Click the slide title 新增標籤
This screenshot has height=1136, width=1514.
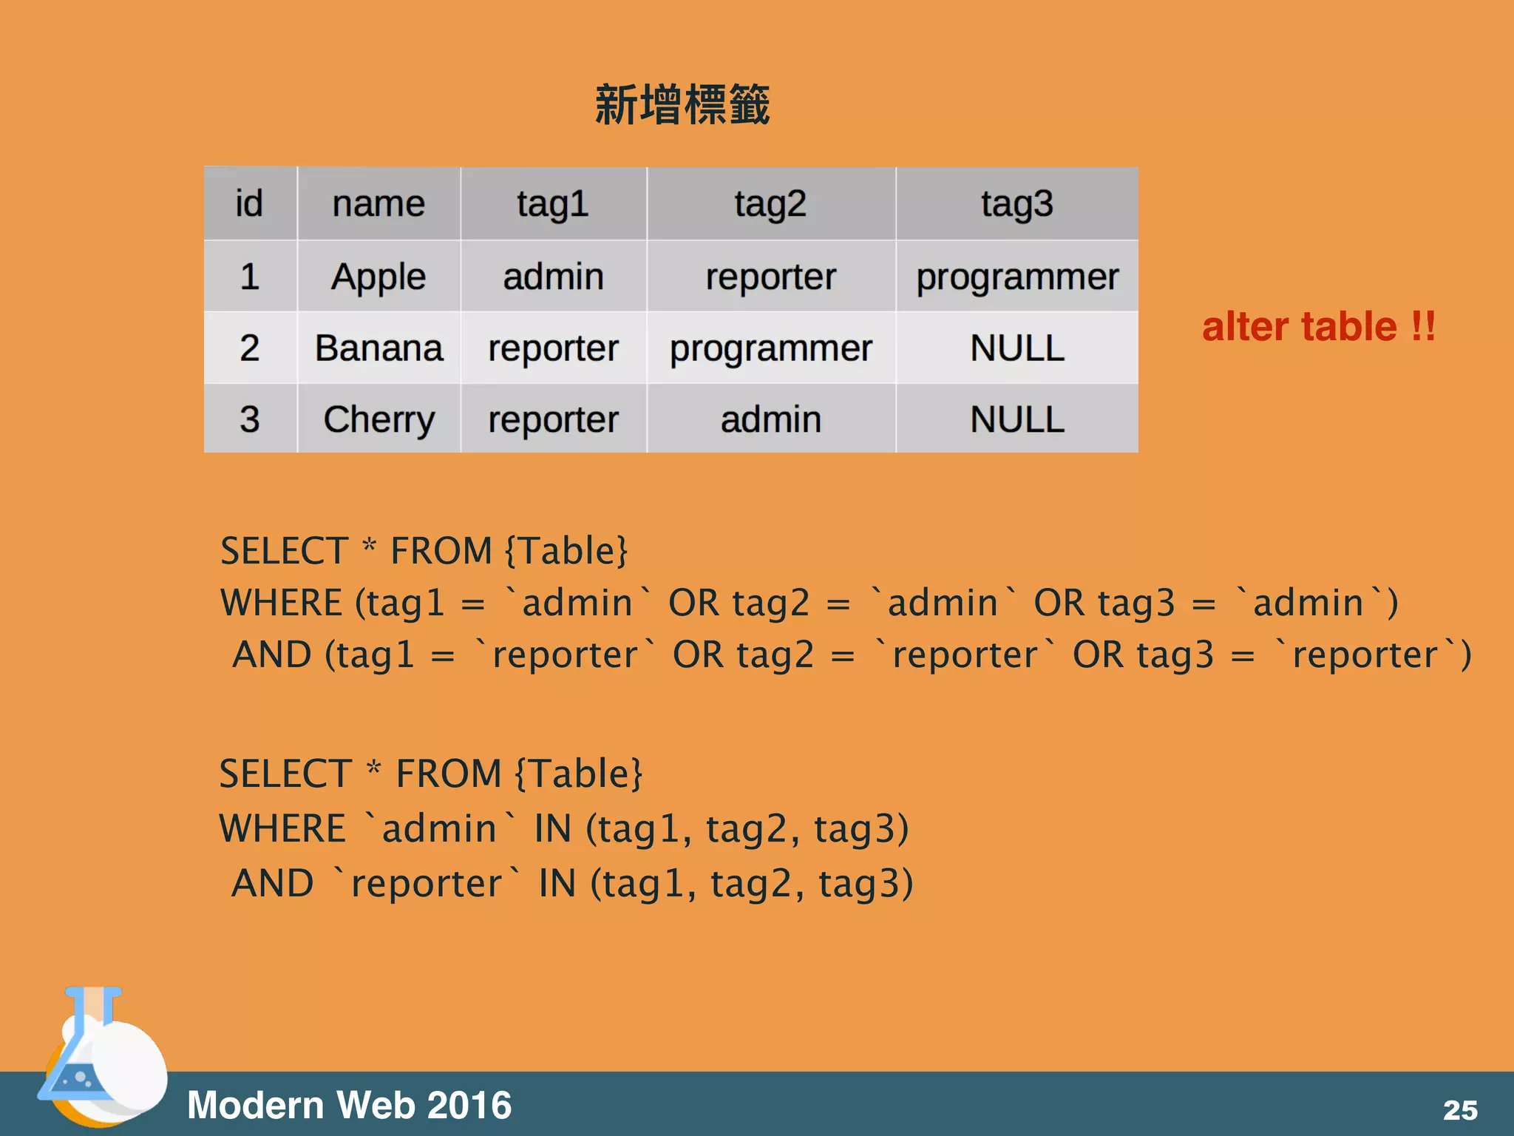click(x=682, y=105)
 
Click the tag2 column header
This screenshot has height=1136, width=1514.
click(x=770, y=203)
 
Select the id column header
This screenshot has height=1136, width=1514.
click(x=249, y=203)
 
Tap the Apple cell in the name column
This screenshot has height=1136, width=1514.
click(x=378, y=277)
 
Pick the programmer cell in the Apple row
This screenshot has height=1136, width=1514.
click(x=1017, y=277)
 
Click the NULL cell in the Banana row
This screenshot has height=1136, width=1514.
click(x=1017, y=348)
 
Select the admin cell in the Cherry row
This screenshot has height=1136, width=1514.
click(x=770, y=419)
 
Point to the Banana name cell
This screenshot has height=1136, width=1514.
click(x=378, y=348)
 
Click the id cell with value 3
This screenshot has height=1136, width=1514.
click(x=249, y=419)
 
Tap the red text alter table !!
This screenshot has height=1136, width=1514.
click(x=1318, y=327)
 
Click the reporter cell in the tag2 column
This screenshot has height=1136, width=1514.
click(x=770, y=277)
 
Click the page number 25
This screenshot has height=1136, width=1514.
click(x=1460, y=1109)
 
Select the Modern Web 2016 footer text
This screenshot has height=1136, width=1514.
click(x=349, y=1105)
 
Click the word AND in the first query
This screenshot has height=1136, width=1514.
click(x=272, y=655)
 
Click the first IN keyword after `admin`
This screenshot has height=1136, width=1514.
click(x=552, y=828)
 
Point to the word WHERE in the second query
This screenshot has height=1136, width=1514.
click(x=282, y=828)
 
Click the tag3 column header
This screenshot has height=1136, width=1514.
click(x=1017, y=203)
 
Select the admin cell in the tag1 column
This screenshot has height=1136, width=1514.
click(x=553, y=277)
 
